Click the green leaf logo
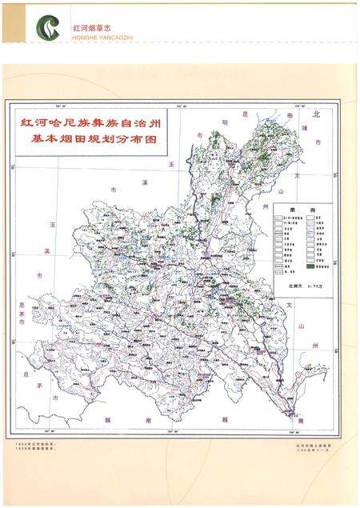tap(47, 28)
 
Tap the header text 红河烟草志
tap(89, 26)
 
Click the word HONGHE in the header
tap(82, 35)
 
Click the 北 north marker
tap(316, 115)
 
